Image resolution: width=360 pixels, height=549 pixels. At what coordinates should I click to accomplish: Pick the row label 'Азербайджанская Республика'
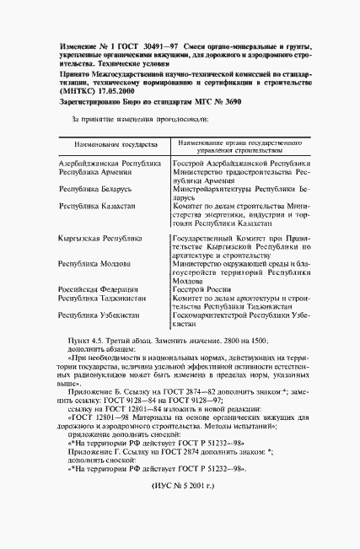pos(109,161)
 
